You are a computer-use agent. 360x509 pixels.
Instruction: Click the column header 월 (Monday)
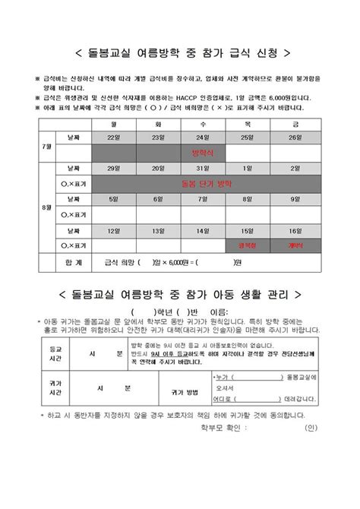click(x=114, y=122)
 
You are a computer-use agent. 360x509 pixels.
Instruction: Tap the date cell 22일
click(x=114, y=137)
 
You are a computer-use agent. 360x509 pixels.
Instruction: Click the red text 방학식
click(x=202, y=153)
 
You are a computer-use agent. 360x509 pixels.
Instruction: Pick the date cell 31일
click(x=202, y=168)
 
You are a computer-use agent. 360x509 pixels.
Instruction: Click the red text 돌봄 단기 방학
click(x=202, y=183)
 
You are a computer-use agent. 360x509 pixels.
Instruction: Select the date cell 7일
click(x=202, y=199)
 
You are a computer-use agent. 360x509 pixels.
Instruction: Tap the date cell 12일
click(x=114, y=230)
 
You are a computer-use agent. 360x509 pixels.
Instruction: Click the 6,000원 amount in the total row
click(x=174, y=263)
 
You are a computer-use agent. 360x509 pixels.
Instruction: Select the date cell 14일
click(x=202, y=230)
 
